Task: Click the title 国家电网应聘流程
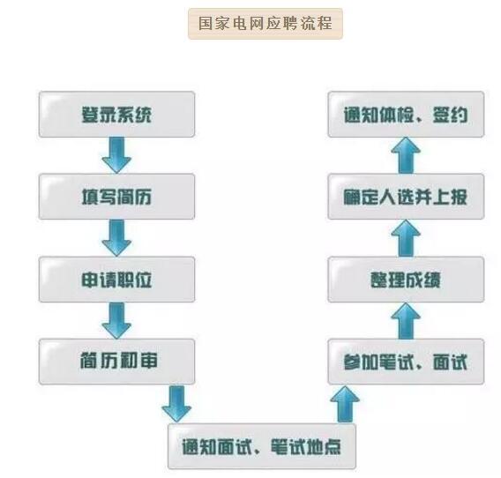pos(265,24)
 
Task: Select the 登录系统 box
pos(116,115)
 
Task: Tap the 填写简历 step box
pos(116,197)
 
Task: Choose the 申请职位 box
pos(116,280)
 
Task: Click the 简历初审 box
pos(116,362)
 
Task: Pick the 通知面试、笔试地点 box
pos(262,446)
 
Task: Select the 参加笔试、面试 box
pos(406,362)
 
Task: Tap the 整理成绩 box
pos(406,280)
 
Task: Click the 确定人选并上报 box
pos(406,197)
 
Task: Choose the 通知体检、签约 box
pos(406,115)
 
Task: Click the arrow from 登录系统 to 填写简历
pos(116,155)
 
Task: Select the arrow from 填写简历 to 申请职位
pos(116,238)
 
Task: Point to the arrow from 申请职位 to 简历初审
pos(116,320)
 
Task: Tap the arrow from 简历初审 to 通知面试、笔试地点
pos(176,404)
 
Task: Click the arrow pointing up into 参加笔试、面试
pos(345,404)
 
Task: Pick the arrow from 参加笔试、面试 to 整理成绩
pos(406,321)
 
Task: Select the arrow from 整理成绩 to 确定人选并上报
pos(406,238)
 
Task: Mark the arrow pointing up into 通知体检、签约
pos(406,155)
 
